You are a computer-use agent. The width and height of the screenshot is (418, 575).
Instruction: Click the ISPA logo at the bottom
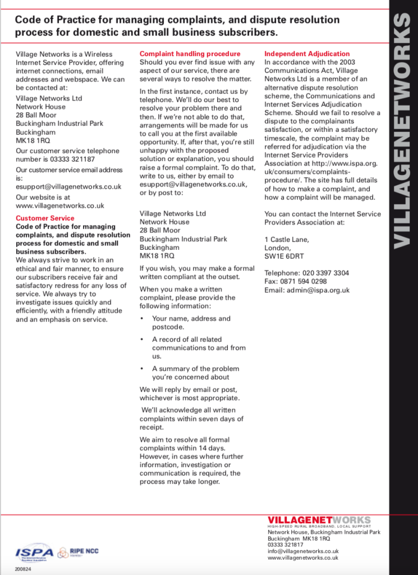[34, 553]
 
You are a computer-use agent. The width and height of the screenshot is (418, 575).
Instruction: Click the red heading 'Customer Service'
[45, 218]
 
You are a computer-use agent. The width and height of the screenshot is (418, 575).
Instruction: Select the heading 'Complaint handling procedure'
[190, 54]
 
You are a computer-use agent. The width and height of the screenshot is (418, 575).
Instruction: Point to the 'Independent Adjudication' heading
[307, 54]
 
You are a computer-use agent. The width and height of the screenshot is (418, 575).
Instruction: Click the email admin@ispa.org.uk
[318, 290]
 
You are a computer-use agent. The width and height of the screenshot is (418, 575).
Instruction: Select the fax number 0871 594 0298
[303, 281]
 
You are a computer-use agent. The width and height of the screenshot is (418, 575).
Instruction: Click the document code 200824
[22, 568]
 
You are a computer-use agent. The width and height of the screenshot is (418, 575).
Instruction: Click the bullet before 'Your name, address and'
[143, 319]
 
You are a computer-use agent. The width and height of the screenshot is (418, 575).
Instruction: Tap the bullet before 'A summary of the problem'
[143, 369]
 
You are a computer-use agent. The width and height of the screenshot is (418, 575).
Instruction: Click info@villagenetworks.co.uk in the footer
[303, 551]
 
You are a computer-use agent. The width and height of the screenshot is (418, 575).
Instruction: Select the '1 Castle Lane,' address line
[286, 240]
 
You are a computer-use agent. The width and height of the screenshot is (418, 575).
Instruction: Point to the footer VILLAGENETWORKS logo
[319, 520]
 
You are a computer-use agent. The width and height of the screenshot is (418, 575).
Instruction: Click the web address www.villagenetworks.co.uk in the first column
[60, 206]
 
